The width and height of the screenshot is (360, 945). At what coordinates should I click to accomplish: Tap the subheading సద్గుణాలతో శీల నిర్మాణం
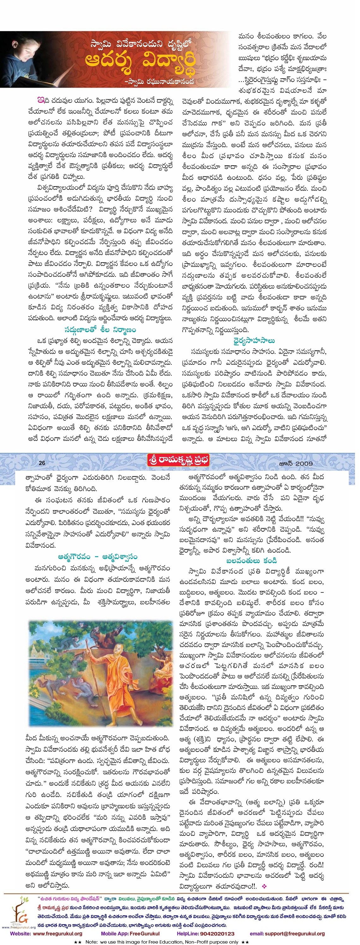(x=100, y=329)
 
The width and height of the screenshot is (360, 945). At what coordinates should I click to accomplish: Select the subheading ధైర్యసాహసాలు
(x=254, y=340)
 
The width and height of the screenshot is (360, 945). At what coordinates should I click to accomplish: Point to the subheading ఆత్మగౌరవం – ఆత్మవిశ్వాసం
(x=98, y=557)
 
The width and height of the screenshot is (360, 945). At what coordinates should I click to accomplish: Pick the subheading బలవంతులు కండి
(x=251, y=561)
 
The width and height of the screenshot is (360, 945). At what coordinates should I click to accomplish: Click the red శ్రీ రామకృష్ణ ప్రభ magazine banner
(x=178, y=460)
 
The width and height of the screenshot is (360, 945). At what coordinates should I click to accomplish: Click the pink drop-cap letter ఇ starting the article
(x=40, y=100)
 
